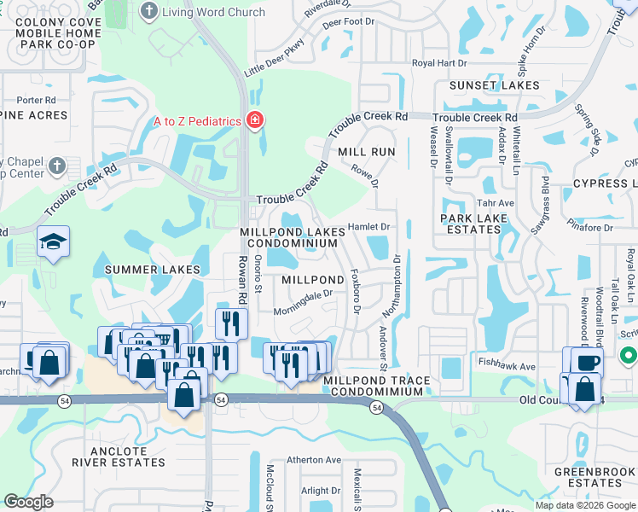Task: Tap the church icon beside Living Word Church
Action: pyautogui.click(x=149, y=11)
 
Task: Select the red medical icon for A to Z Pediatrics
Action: pyautogui.click(x=253, y=121)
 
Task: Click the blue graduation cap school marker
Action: pyautogui.click(x=53, y=244)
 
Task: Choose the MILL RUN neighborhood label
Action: pyautogui.click(x=367, y=151)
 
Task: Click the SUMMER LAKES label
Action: pyautogui.click(x=153, y=270)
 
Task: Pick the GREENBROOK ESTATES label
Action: pyautogui.click(x=593, y=477)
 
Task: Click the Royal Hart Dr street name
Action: pyautogui.click(x=439, y=63)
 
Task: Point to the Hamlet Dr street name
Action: pyautogui.click(x=368, y=227)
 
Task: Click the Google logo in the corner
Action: pyautogui.click(x=28, y=502)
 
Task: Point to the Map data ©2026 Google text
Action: pyautogui.click(x=584, y=505)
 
